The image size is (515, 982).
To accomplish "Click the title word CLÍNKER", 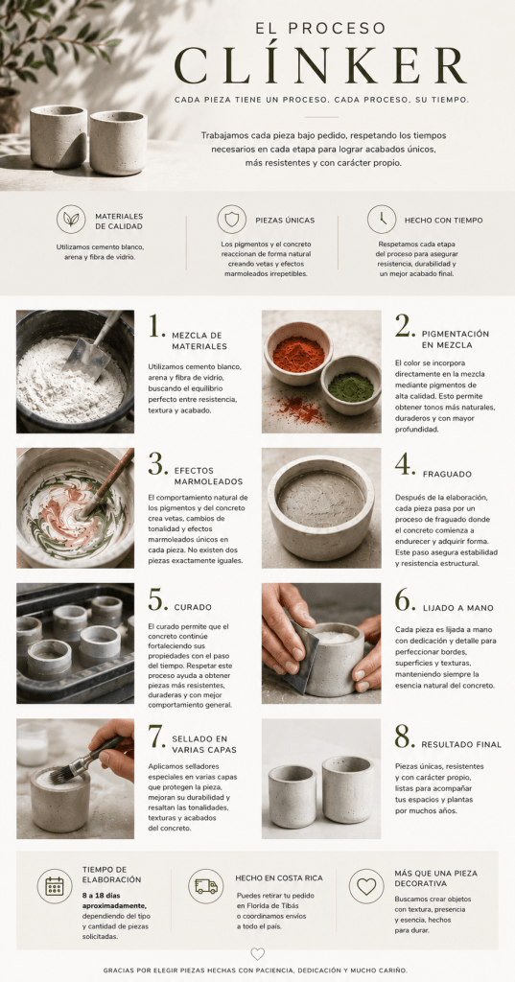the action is [320, 65].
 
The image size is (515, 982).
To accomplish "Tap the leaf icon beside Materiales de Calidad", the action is [71, 220].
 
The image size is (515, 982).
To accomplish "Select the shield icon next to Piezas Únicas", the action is [232, 220].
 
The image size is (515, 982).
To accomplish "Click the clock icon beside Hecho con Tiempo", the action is [382, 220].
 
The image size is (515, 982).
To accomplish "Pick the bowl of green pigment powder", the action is [351, 385].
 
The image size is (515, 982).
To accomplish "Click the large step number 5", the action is [157, 600].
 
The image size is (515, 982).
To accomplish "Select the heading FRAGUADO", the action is [447, 474].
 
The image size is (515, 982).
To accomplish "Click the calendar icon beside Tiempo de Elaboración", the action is [55, 886].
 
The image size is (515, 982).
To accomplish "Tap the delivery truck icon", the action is [206, 886].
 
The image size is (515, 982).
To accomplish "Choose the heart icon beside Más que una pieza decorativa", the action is [366, 886].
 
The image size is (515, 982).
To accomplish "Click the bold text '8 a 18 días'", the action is [104, 896].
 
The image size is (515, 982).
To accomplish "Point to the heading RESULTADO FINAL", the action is [461, 744].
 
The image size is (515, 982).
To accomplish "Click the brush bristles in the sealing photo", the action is [59, 775].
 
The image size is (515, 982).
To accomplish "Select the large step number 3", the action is [157, 463].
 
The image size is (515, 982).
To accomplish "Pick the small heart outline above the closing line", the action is [257, 953].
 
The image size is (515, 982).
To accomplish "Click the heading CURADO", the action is [193, 607].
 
